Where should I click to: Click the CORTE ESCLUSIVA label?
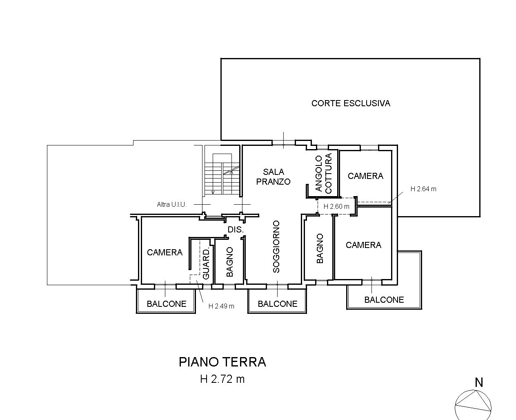(351, 103)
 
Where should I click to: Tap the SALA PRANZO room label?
(273, 177)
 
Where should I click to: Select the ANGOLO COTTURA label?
(324, 173)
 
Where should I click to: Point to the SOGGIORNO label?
(276, 246)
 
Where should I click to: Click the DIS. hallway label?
(236, 229)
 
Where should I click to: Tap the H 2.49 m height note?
(221, 306)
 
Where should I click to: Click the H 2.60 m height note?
(336, 207)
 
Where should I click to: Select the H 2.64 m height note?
(423, 189)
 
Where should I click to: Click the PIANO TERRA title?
(222, 362)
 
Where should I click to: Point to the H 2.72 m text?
(222, 379)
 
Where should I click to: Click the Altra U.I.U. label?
(171, 205)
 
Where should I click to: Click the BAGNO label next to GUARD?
(229, 262)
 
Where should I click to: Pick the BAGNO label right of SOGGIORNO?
(320, 248)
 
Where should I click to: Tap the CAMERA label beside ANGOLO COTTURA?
(365, 176)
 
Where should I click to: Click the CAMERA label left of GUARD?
(165, 252)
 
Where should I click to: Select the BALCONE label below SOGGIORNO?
(277, 304)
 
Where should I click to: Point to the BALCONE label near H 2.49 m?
(167, 304)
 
